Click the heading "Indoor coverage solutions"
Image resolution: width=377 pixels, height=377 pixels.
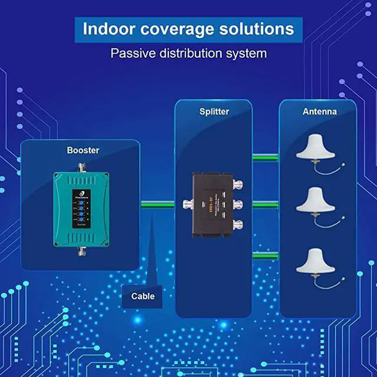pos(188,29)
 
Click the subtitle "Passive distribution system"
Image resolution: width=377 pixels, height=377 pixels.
pos(188,53)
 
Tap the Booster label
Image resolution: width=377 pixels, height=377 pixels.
pos(83,150)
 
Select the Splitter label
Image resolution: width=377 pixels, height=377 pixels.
pos(214,111)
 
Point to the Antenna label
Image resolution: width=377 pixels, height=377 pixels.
pos(320,111)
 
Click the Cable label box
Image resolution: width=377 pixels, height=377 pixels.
pos(143,296)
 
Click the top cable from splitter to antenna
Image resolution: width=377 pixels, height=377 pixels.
pos(266,157)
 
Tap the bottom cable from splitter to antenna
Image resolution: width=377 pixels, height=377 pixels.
pos(266,254)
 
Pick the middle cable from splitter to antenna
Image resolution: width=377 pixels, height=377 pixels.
pos(266,204)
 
